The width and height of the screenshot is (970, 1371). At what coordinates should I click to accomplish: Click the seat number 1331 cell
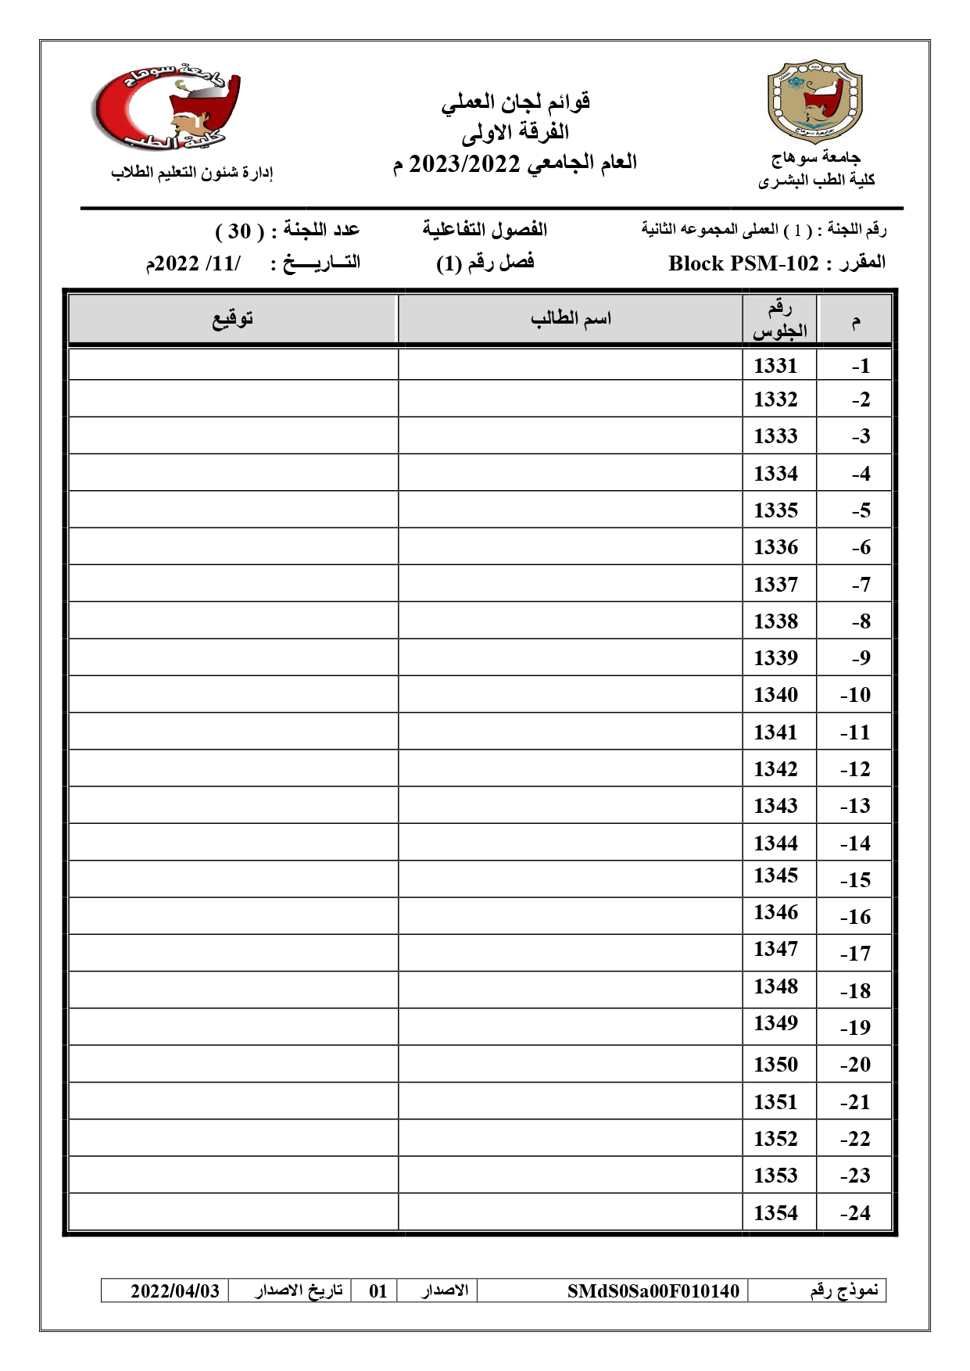(x=775, y=366)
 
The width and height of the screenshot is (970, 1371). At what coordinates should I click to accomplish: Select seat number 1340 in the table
(x=775, y=695)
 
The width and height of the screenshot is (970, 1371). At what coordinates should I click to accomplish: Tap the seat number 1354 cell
(x=775, y=1213)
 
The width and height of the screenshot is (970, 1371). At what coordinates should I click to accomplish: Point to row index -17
(x=855, y=954)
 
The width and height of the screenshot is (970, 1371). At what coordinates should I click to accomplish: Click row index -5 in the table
(x=861, y=510)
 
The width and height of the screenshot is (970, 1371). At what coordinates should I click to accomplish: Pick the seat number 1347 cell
(x=775, y=949)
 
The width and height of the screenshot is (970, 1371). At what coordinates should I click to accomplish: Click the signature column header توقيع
(x=233, y=319)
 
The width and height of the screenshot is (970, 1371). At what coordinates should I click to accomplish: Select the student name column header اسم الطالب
(x=571, y=319)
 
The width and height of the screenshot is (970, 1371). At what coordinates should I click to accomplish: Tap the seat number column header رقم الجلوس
(x=779, y=320)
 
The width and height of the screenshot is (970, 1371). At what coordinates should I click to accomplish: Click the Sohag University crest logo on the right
(x=814, y=102)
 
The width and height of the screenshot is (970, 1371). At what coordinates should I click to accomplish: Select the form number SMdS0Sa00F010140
(x=653, y=1290)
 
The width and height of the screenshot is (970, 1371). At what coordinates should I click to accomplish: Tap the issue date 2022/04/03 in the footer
(x=174, y=1290)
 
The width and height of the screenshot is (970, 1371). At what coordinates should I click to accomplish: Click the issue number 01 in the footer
(x=378, y=1290)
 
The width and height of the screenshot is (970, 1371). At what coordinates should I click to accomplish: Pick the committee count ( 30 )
(x=239, y=231)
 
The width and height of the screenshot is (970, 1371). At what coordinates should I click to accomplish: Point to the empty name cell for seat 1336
(x=570, y=547)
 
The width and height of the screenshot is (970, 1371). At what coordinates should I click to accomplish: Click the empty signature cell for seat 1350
(x=233, y=1065)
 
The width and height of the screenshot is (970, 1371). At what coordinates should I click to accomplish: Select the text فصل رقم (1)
(x=485, y=263)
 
